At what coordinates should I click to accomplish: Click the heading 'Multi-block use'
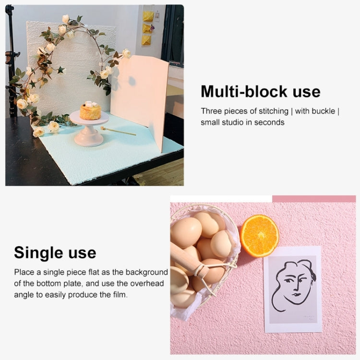tap(260, 91)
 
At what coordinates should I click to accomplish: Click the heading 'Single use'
tap(55, 252)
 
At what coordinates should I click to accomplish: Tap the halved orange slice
tap(260, 236)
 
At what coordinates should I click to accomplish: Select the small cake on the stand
tap(90, 111)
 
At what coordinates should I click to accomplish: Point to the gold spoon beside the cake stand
tap(118, 131)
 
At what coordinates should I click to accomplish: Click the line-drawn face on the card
tap(292, 285)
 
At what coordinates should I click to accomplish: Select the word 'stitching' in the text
tap(271, 111)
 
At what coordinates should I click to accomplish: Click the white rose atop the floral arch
tap(65, 19)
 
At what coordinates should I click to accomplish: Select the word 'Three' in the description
tap(211, 111)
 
